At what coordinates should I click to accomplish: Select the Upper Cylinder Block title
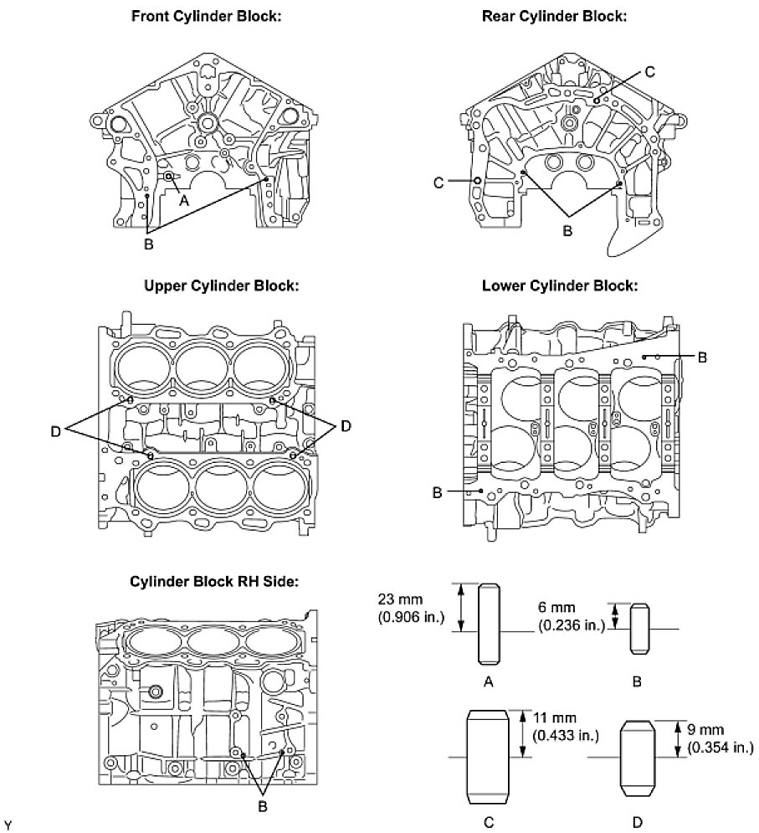222,285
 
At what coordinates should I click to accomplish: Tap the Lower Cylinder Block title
560,285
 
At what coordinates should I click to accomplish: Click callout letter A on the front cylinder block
185,202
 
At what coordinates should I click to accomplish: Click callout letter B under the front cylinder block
149,244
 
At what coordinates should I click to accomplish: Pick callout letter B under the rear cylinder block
567,231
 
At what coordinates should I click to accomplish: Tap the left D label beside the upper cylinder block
55,429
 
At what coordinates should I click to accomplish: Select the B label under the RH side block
262,806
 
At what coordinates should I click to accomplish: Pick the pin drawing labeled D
638,758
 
